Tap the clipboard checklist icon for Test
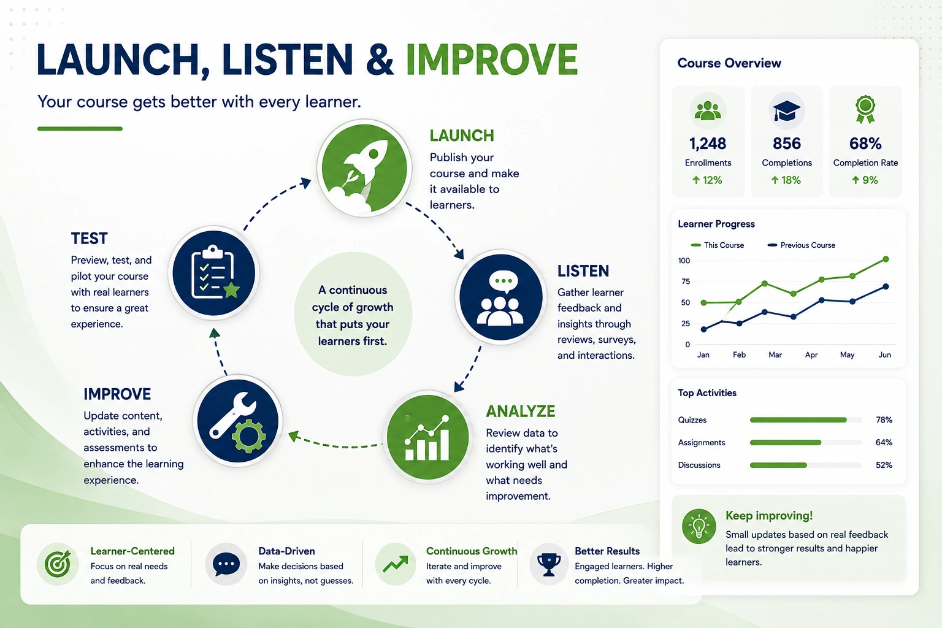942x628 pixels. point(214,273)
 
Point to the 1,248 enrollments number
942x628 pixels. point(708,144)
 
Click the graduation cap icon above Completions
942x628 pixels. point(786,111)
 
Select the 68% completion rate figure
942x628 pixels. point(865,144)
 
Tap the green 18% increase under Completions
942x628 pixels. point(786,180)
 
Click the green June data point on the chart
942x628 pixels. point(886,259)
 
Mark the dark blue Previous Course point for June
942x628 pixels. point(886,286)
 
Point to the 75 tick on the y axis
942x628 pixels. point(686,281)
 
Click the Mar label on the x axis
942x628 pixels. point(775,354)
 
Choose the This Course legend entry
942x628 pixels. point(718,245)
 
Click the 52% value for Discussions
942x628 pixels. point(884,465)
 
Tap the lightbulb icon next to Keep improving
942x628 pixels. point(699,526)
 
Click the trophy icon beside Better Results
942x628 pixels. point(549,564)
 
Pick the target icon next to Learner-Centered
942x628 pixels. point(58,564)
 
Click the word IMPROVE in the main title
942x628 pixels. point(492,59)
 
